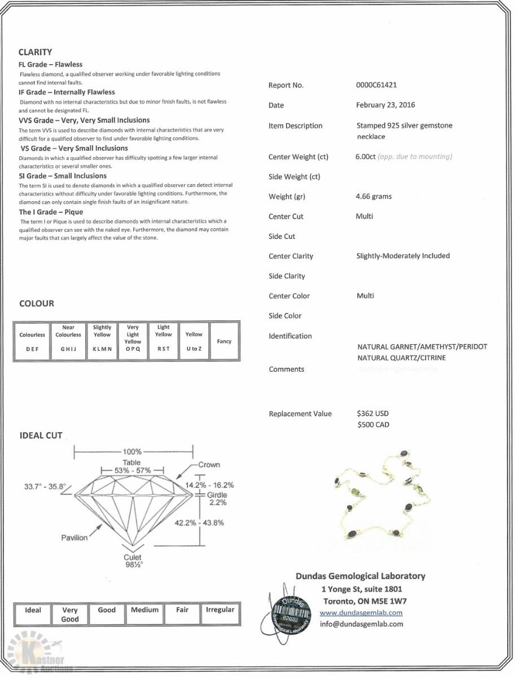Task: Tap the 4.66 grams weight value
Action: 374,197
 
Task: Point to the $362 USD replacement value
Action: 373,414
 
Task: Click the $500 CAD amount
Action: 373,425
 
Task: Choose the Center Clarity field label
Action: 291,256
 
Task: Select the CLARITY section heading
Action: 35,52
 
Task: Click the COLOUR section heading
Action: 37,303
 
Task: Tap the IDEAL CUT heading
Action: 41,436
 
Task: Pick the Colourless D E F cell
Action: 32,342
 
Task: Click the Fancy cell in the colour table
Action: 224,341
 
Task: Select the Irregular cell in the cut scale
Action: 220,610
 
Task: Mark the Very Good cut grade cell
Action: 70,614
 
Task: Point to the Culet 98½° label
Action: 132,560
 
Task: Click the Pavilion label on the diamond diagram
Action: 75,537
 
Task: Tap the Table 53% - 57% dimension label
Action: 132,466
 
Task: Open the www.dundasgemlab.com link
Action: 361,612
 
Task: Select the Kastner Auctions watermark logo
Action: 40,655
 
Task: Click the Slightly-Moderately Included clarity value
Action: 403,256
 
